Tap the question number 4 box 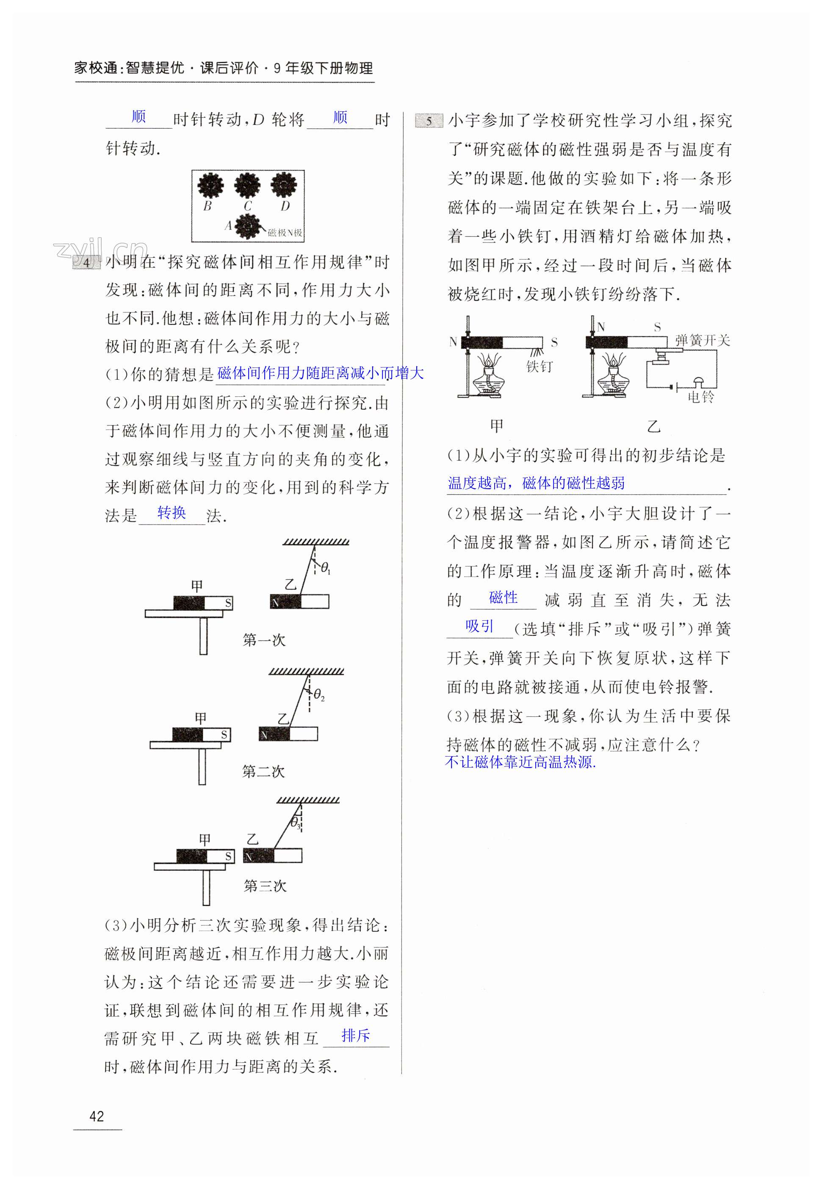pos(86,262)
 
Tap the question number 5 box pos(429,121)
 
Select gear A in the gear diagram pos(248,227)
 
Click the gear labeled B pos(210,185)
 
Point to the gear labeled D pos(284,185)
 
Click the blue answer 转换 pos(172,512)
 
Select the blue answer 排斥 pos(355,1035)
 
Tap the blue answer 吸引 pos(479,626)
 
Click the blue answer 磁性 pos(503,597)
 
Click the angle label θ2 pos(319,695)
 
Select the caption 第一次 pos(264,640)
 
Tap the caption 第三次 pos(265,886)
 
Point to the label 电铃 pos(700,397)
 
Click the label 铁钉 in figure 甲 pos(539,366)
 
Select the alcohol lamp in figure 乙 pos(613,376)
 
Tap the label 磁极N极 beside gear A pos(285,233)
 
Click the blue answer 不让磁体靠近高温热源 pos(520,762)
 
